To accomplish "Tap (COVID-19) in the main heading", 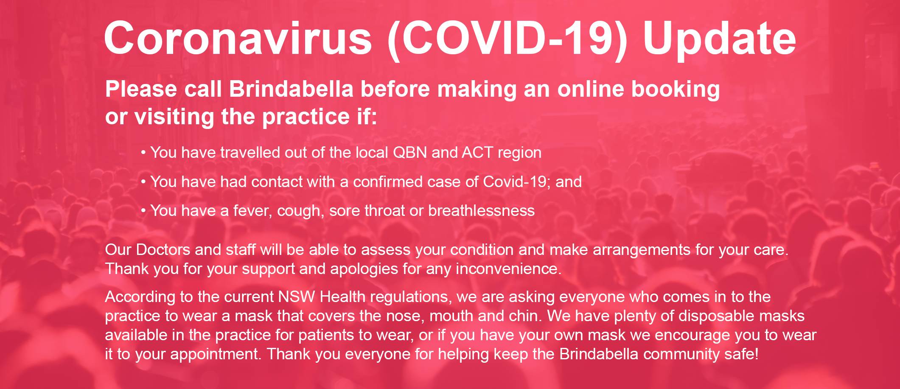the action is [x=507, y=39].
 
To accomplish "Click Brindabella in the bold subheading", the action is [x=292, y=89].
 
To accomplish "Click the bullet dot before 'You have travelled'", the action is [x=144, y=153].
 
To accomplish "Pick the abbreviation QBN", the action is [x=410, y=152].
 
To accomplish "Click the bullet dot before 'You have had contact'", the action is [x=144, y=182].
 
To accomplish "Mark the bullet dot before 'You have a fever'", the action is [x=144, y=211].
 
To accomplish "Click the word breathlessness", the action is [x=481, y=210].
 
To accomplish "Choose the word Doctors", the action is [x=163, y=249].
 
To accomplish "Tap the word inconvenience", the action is [x=509, y=269].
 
